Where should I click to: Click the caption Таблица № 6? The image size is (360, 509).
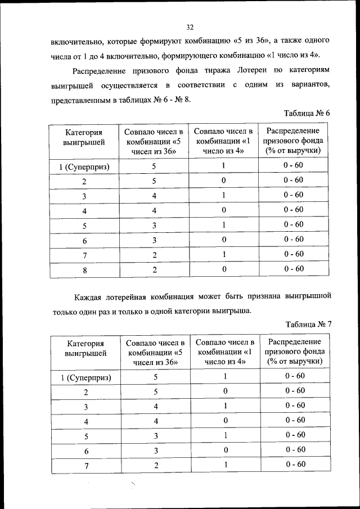307,114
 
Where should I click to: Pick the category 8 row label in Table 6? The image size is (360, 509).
84,269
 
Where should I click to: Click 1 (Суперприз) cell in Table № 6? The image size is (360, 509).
84,166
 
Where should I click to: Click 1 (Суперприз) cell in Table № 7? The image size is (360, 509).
85,377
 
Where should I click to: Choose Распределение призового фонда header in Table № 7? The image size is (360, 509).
295,352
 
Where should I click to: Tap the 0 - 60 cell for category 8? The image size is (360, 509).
294,269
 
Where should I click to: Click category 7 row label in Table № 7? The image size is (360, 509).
85,465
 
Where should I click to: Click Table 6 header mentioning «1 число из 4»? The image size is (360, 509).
223,141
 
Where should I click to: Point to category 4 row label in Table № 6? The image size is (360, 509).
84,211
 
